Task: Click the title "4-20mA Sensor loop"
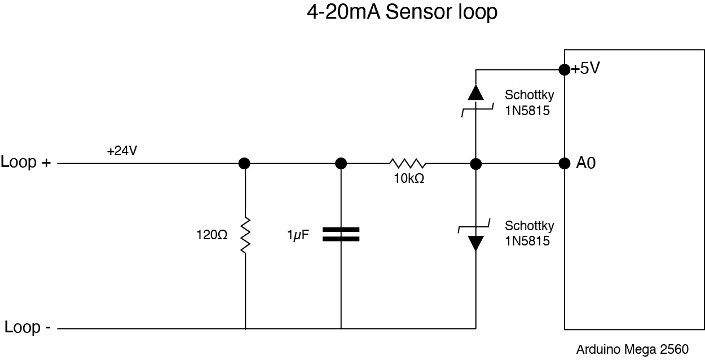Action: point(402,12)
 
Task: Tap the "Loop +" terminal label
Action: point(26,163)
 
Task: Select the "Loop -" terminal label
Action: point(28,327)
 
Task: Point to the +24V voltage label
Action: point(122,151)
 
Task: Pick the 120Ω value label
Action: point(211,235)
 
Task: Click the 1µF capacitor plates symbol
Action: point(341,234)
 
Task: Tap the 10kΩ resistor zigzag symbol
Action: point(407,163)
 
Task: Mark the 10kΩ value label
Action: point(409,179)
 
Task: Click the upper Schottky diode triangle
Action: point(475,93)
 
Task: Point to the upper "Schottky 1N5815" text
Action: point(528,103)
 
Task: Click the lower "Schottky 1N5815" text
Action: point(529,233)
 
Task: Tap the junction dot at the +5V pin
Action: point(563,69)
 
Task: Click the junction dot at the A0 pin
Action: point(563,163)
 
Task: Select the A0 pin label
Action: point(585,163)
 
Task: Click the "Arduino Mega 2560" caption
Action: point(632,349)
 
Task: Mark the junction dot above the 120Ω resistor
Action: point(244,163)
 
